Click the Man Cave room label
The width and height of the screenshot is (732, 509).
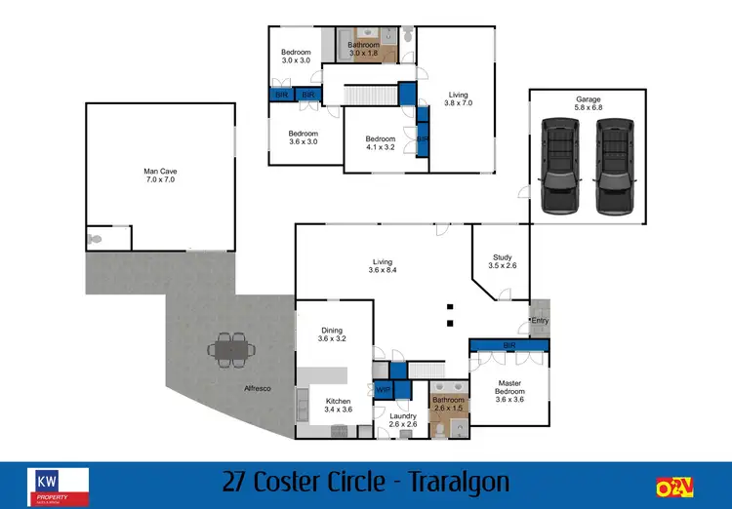coord(160,176)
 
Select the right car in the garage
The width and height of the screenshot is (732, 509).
coord(613,166)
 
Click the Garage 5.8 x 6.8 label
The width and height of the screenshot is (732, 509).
coord(588,104)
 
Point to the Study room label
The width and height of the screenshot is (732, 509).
coord(502,260)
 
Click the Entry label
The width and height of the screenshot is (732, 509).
coord(539,321)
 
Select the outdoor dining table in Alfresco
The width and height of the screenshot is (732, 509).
coord(232,349)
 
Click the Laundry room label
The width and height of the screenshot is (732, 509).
coord(403,420)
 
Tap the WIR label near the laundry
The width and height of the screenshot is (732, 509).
coord(383,390)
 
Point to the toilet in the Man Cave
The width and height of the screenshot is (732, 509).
coord(95,237)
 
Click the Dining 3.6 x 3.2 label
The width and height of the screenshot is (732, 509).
coord(332,334)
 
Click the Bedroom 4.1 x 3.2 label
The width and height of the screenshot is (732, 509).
coord(381,143)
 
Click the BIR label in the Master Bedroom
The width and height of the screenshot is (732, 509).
coord(508,345)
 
